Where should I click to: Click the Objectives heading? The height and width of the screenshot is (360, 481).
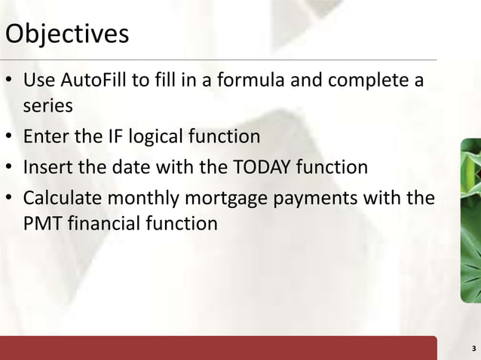66,34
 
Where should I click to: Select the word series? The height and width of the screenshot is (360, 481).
48,105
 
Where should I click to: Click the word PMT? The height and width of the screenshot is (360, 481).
41,224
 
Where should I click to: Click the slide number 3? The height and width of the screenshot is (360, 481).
473,348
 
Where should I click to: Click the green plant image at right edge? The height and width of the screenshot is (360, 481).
470,218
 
